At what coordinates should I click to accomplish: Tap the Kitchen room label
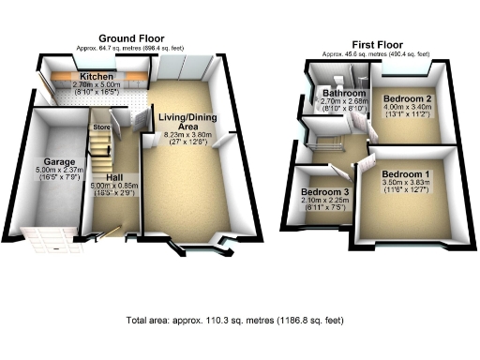tap(97, 76)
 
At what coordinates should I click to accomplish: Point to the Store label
tap(101, 125)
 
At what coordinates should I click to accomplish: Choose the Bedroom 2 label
tap(410, 97)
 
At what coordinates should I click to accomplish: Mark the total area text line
tap(234, 321)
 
